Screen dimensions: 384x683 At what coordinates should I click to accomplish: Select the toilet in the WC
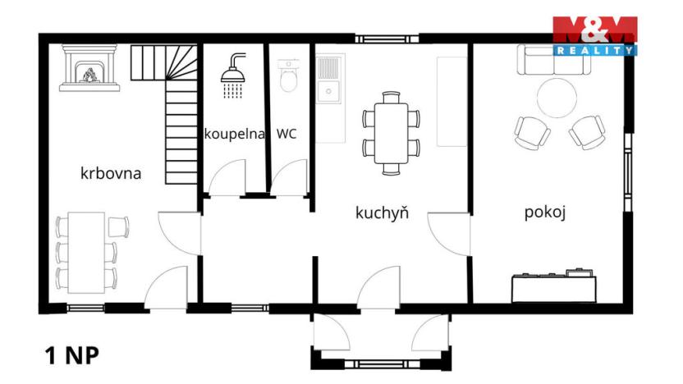[288, 76]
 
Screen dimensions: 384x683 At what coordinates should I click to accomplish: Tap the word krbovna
[111, 173]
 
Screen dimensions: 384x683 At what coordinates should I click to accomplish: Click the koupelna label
[234, 134]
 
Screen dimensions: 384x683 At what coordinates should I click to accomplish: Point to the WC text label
[286, 134]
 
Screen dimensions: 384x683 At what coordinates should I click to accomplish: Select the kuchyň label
[382, 213]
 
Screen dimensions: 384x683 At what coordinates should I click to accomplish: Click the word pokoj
[547, 213]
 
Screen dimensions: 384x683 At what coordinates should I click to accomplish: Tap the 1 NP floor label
[72, 356]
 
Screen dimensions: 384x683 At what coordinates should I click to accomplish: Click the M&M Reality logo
[595, 35]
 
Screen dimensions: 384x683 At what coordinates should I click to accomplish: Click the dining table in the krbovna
[86, 252]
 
